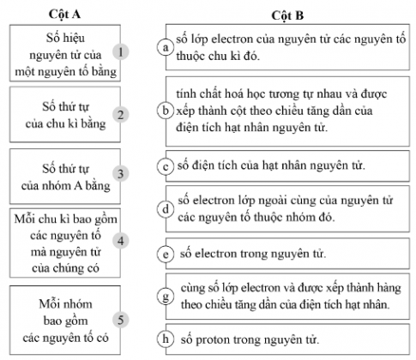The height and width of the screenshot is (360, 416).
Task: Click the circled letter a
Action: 166,49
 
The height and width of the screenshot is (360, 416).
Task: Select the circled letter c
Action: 166,166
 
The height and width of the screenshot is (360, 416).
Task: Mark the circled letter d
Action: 166,208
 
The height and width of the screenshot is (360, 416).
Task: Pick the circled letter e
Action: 166,255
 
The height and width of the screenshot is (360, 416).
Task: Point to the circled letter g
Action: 166,296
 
